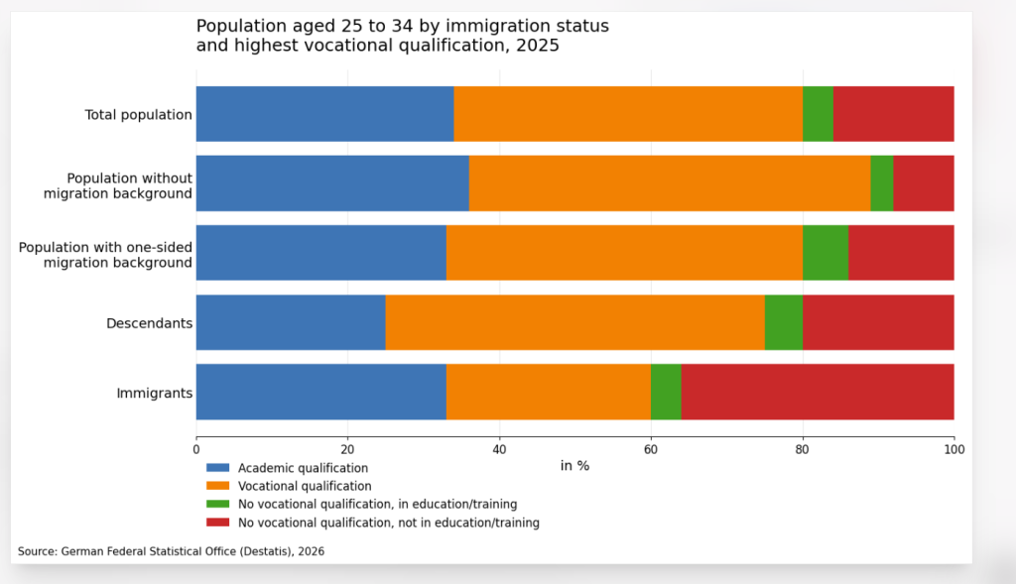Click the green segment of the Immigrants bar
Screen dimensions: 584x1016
(x=666, y=392)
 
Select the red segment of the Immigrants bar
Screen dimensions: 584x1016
(x=818, y=392)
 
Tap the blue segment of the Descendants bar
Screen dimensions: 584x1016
(x=291, y=322)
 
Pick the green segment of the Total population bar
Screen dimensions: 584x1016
(x=818, y=114)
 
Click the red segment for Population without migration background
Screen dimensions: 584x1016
(x=924, y=183)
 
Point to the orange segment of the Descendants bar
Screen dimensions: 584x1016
(x=575, y=322)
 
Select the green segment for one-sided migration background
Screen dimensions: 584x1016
(x=825, y=253)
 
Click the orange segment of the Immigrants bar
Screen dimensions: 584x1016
(x=549, y=392)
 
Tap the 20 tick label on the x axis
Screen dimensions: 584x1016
(x=347, y=448)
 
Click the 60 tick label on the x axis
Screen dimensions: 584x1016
(x=651, y=448)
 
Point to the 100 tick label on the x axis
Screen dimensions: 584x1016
(x=953, y=448)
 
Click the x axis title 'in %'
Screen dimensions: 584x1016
(x=574, y=466)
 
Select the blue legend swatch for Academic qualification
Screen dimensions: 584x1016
(x=217, y=468)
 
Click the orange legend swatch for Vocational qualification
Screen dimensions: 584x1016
(x=217, y=486)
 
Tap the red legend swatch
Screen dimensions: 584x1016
(x=217, y=523)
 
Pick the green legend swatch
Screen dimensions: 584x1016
(x=217, y=505)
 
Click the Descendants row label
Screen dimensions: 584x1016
(x=149, y=323)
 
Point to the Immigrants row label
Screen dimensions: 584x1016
(x=154, y=394)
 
